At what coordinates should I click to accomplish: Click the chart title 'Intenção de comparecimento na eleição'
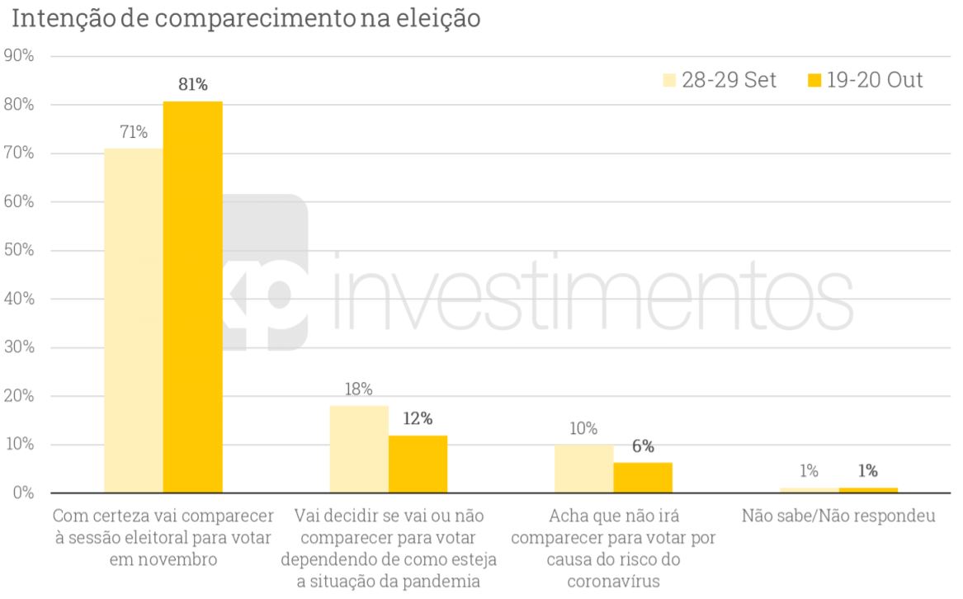coord(243,18)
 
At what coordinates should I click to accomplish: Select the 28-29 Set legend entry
coord(720,80)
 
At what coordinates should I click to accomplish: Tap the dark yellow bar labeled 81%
coord(192,297)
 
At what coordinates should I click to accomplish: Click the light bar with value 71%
coord(134,321)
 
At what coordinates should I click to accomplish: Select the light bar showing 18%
coord(359,449)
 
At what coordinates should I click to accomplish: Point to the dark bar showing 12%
coord(418,464)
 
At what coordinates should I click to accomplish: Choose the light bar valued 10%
coord(583,469)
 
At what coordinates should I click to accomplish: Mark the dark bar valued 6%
coord(643,478)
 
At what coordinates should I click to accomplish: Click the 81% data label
coord(193,84)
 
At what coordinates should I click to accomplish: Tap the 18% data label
coord(358,389)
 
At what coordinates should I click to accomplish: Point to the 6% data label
coord(643,446)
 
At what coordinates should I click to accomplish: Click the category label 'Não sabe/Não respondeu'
coord(838,517)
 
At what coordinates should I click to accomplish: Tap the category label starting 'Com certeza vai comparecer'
coord(163,538)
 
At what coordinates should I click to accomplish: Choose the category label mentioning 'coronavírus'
coord(613,549)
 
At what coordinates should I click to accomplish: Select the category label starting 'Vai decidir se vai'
coord(388,549)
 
